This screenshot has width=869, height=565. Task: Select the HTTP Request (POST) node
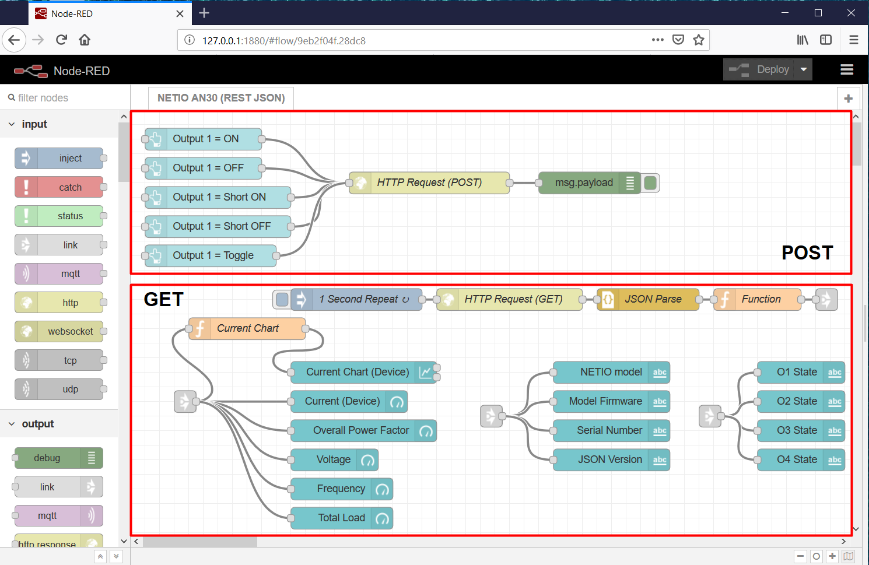click(x=429, y=183)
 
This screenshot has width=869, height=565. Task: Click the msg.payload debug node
click(x=584, y=183)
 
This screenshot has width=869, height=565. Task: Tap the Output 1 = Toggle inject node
click(x=213, y=255)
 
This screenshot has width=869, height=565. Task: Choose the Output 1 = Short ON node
click(x=219, y=197)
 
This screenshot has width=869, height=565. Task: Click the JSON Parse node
click(x=653, y=299)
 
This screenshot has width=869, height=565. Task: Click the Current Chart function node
click(x=248, y=328)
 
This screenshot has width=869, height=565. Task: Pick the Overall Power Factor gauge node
click(x=361, y=430)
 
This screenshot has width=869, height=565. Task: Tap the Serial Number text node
click(x=609, y=430)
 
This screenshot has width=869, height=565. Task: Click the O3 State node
click(x=797, y=430)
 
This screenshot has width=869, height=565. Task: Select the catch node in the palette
click(x=70, y=187)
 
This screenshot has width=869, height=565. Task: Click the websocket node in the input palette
click(x=70, y=331)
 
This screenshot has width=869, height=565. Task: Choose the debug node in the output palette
click(x=47, y=458)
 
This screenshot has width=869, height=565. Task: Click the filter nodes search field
click(x=67, y=98)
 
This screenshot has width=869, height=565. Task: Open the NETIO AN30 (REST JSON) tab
click(x=221, y=98)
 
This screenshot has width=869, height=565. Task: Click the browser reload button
click(x=61, y=40)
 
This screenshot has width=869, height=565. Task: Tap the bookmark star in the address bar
click(x=699, y=40)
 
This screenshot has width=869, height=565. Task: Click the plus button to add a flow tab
click(x=848, y=99)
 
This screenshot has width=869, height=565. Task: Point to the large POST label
click(x=807, y=252)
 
